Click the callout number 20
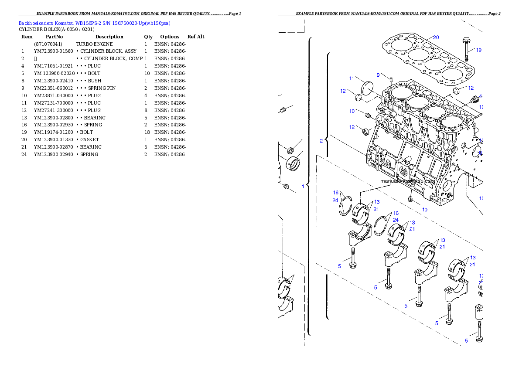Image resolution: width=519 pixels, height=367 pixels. tap(436, 37)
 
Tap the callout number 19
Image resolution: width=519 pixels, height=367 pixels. tap(478, 50)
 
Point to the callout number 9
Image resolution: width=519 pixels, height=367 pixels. tap(378, 75)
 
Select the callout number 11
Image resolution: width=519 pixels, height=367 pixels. tap(352, 78)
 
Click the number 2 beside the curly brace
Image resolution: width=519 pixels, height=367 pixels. tap(321, 141)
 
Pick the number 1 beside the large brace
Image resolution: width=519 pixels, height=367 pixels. tap(303, 186)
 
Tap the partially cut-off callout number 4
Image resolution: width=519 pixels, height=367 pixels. tap(480, 96)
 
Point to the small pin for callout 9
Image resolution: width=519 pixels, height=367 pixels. tap(391, 79)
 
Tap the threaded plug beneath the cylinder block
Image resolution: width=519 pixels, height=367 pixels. tap(410, 199)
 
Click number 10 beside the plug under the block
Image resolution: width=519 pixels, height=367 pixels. tap(424, 209)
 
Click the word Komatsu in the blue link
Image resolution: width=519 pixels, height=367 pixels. tap(65, 23)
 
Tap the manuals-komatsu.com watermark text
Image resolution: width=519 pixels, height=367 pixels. tap(408, 181)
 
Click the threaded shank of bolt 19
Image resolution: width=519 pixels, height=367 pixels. tap(465, 54)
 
